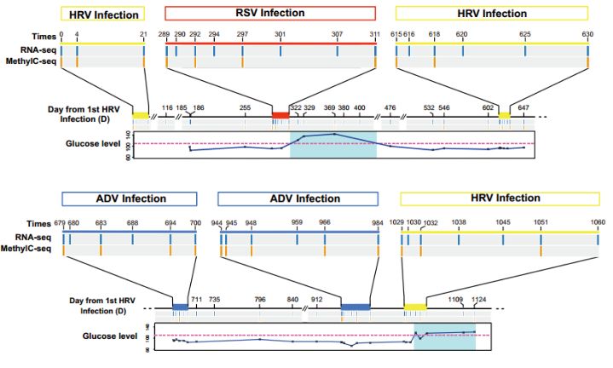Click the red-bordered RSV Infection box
(269, 13)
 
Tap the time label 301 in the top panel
(280, 36)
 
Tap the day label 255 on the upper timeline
(245, 108)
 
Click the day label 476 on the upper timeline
(390, 108)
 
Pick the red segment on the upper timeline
(280, 114)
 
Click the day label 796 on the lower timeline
(260, 299)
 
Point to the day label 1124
(478, 299)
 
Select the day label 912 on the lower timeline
(317, 299)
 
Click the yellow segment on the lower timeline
(415, 306)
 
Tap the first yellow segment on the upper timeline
(140, 114)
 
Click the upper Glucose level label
(93, 143)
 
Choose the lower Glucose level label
(112, 336)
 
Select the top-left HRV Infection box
(101, 14)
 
